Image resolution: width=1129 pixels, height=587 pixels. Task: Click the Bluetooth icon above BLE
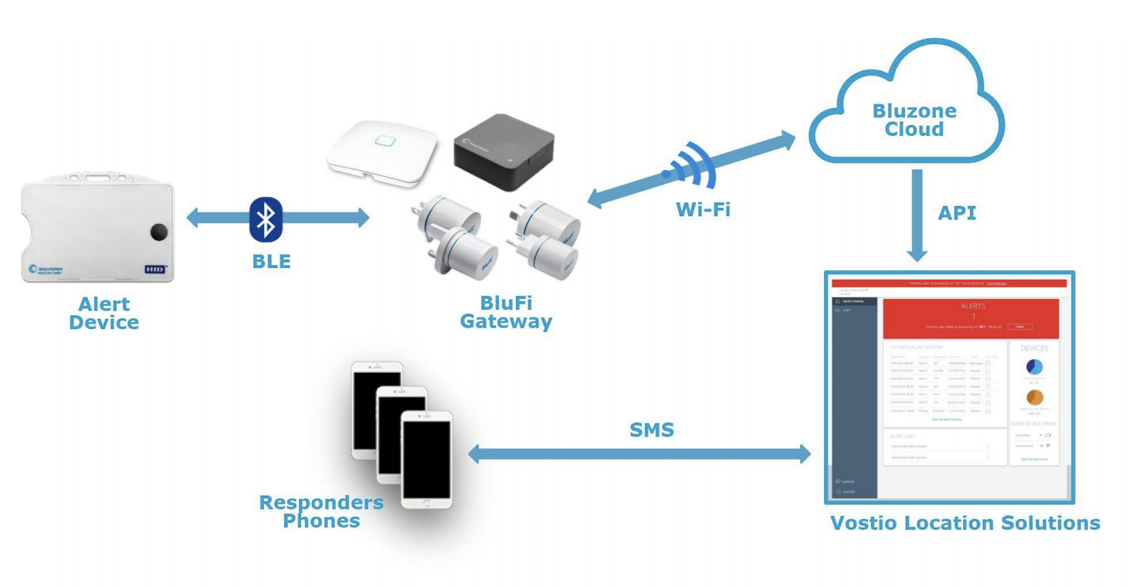click(266, 219)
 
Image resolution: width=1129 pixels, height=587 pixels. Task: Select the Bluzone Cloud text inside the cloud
click(914, 120)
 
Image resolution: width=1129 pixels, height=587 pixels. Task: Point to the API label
click(957, 213)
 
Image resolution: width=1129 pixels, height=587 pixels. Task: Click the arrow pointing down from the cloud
click(917, 215)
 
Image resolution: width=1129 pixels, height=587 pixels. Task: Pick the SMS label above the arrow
click(652, 430)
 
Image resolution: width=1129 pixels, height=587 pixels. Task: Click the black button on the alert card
click(159, 231)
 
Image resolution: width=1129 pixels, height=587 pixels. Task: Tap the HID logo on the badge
click(154, 270)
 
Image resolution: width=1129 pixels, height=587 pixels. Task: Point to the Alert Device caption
click(104, 313)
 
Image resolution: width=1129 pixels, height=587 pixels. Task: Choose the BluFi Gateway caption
click(506, 312)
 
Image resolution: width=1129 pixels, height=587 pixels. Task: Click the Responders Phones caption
click(321, 511)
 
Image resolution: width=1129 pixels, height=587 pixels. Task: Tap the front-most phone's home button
click(425, 501)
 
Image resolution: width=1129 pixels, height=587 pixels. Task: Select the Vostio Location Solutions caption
click(965, 523)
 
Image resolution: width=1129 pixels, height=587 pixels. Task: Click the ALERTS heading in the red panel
click(973, 306)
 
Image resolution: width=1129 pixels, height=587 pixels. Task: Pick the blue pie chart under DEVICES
click(1035, 368)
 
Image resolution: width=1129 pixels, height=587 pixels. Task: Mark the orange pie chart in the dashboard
click(1035, 397)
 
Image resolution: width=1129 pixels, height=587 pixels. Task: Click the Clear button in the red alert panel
click(1019, 327)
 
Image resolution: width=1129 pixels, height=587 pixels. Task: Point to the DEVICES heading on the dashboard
click(1035, 348)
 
